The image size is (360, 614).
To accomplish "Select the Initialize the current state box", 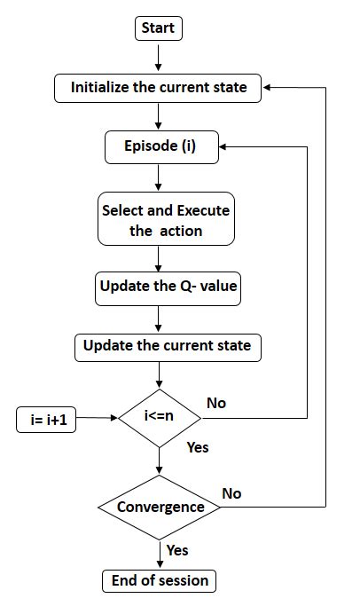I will pos(159,88).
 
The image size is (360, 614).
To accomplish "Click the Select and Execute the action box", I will pos(165,220).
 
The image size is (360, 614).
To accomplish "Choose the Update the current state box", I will pos(168,345).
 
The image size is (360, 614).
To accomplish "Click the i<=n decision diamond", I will pos(160,416).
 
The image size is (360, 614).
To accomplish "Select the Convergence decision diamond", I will pos(160,508).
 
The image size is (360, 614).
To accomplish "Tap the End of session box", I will pos(160,581).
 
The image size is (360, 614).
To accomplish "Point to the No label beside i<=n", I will pos(216,403).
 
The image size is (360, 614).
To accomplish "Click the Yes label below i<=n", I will pos(197,446).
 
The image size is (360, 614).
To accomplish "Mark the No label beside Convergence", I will pos(231,493).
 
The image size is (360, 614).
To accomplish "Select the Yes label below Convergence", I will pos(177,550).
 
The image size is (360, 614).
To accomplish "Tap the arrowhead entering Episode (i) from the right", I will pos(225,147).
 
